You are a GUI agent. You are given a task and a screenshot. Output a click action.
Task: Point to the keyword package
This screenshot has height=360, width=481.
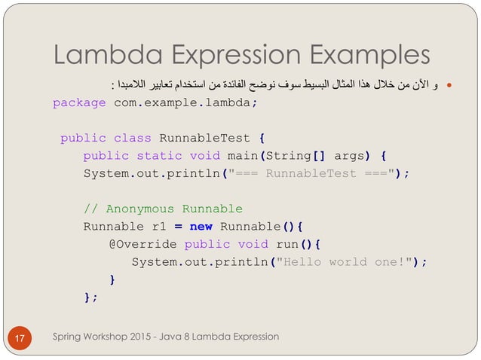point(79,103)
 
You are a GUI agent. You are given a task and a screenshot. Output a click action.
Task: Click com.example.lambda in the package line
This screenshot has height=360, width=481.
point(182,103)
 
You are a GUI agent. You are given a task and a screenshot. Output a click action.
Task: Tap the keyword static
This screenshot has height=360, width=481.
point(159,156)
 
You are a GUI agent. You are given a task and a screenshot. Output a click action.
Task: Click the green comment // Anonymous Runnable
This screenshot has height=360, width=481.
point(163,209)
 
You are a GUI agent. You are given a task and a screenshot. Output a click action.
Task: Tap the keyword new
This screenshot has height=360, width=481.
point(201,227)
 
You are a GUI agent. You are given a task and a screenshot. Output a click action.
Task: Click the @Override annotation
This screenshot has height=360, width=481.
point(142,244)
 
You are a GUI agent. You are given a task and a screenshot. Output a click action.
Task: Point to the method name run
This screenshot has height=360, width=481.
point(290,244)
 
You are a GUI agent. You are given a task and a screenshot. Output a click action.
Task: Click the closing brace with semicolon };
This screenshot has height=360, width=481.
point(90,297)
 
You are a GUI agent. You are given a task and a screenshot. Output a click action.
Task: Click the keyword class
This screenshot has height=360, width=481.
point(132,139)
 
